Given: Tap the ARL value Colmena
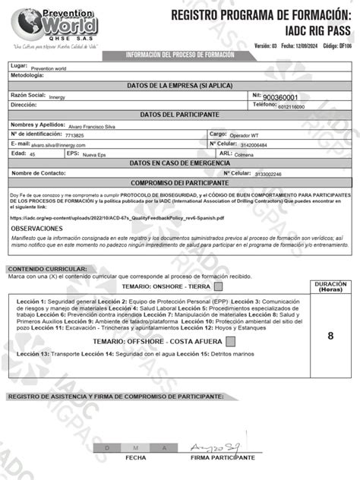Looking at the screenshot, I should pos(244,154).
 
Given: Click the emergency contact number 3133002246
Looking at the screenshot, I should pos(267,174).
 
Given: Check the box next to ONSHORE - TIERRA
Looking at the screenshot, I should pos(219,287).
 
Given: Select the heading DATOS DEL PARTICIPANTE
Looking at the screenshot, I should pos(179,114).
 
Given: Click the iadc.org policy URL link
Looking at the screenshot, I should pos(118,217).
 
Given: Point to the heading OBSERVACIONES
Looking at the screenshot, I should pos(37,228).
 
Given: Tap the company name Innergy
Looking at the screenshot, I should pos(57,98).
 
